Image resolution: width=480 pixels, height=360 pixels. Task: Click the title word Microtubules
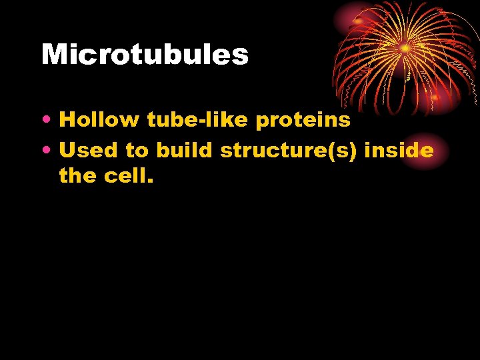(145, 55)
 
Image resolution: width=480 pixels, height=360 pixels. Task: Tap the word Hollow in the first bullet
(99, 120)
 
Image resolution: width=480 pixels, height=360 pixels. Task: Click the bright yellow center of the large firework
(405, 49)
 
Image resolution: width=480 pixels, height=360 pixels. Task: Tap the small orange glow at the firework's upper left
(359, 21)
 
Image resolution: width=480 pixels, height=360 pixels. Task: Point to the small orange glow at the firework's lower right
(435, 97)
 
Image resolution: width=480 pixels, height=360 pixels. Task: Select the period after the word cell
(151, 181)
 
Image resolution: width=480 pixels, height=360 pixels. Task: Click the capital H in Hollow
(67, 120)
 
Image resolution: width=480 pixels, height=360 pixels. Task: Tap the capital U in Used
(68, 151)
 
